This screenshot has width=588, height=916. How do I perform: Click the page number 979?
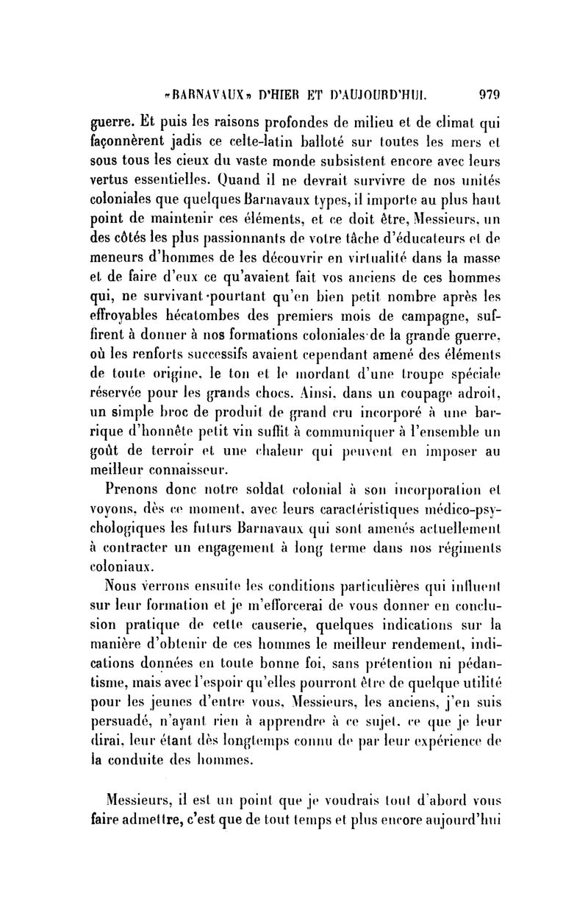click(489, 93)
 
